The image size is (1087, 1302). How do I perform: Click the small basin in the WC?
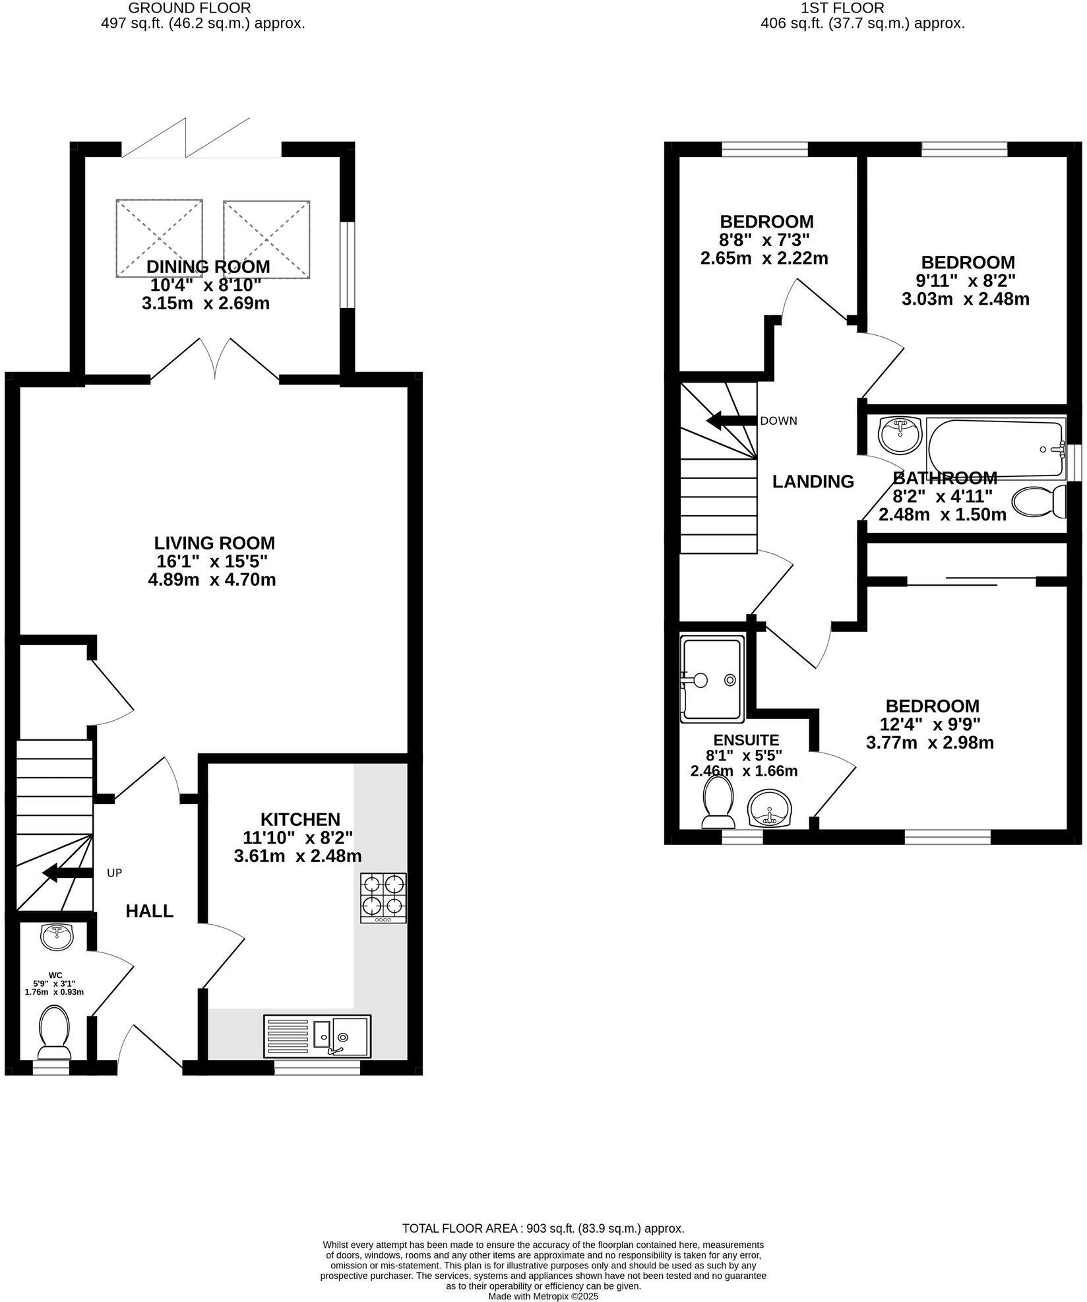pyautogui.click(x=57, y=937)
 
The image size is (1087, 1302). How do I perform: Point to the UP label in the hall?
pyautogui.click(x=115, y=873)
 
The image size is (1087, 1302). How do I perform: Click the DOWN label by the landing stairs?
pyautogui.click(x=778, y=421)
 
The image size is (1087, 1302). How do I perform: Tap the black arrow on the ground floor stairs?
pyautogui.click(x=67, y=873)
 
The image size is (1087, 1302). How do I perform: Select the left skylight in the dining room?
pyautogui.click(x=159, y=238)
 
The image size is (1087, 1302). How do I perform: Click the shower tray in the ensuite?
pyautogui.click(x=712, y=678)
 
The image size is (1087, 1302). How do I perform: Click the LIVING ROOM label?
pyautogui.click(x=214, y=543)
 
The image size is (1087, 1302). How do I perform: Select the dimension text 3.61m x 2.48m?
pyautogui.click(x=297, y=856)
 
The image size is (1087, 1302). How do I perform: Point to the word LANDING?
pyautogui.click(x=813, y=481)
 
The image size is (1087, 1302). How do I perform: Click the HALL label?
pyautogui.click(x=150, y=911)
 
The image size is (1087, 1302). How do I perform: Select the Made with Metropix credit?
pyautogui.click(x=543, y=1296)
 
